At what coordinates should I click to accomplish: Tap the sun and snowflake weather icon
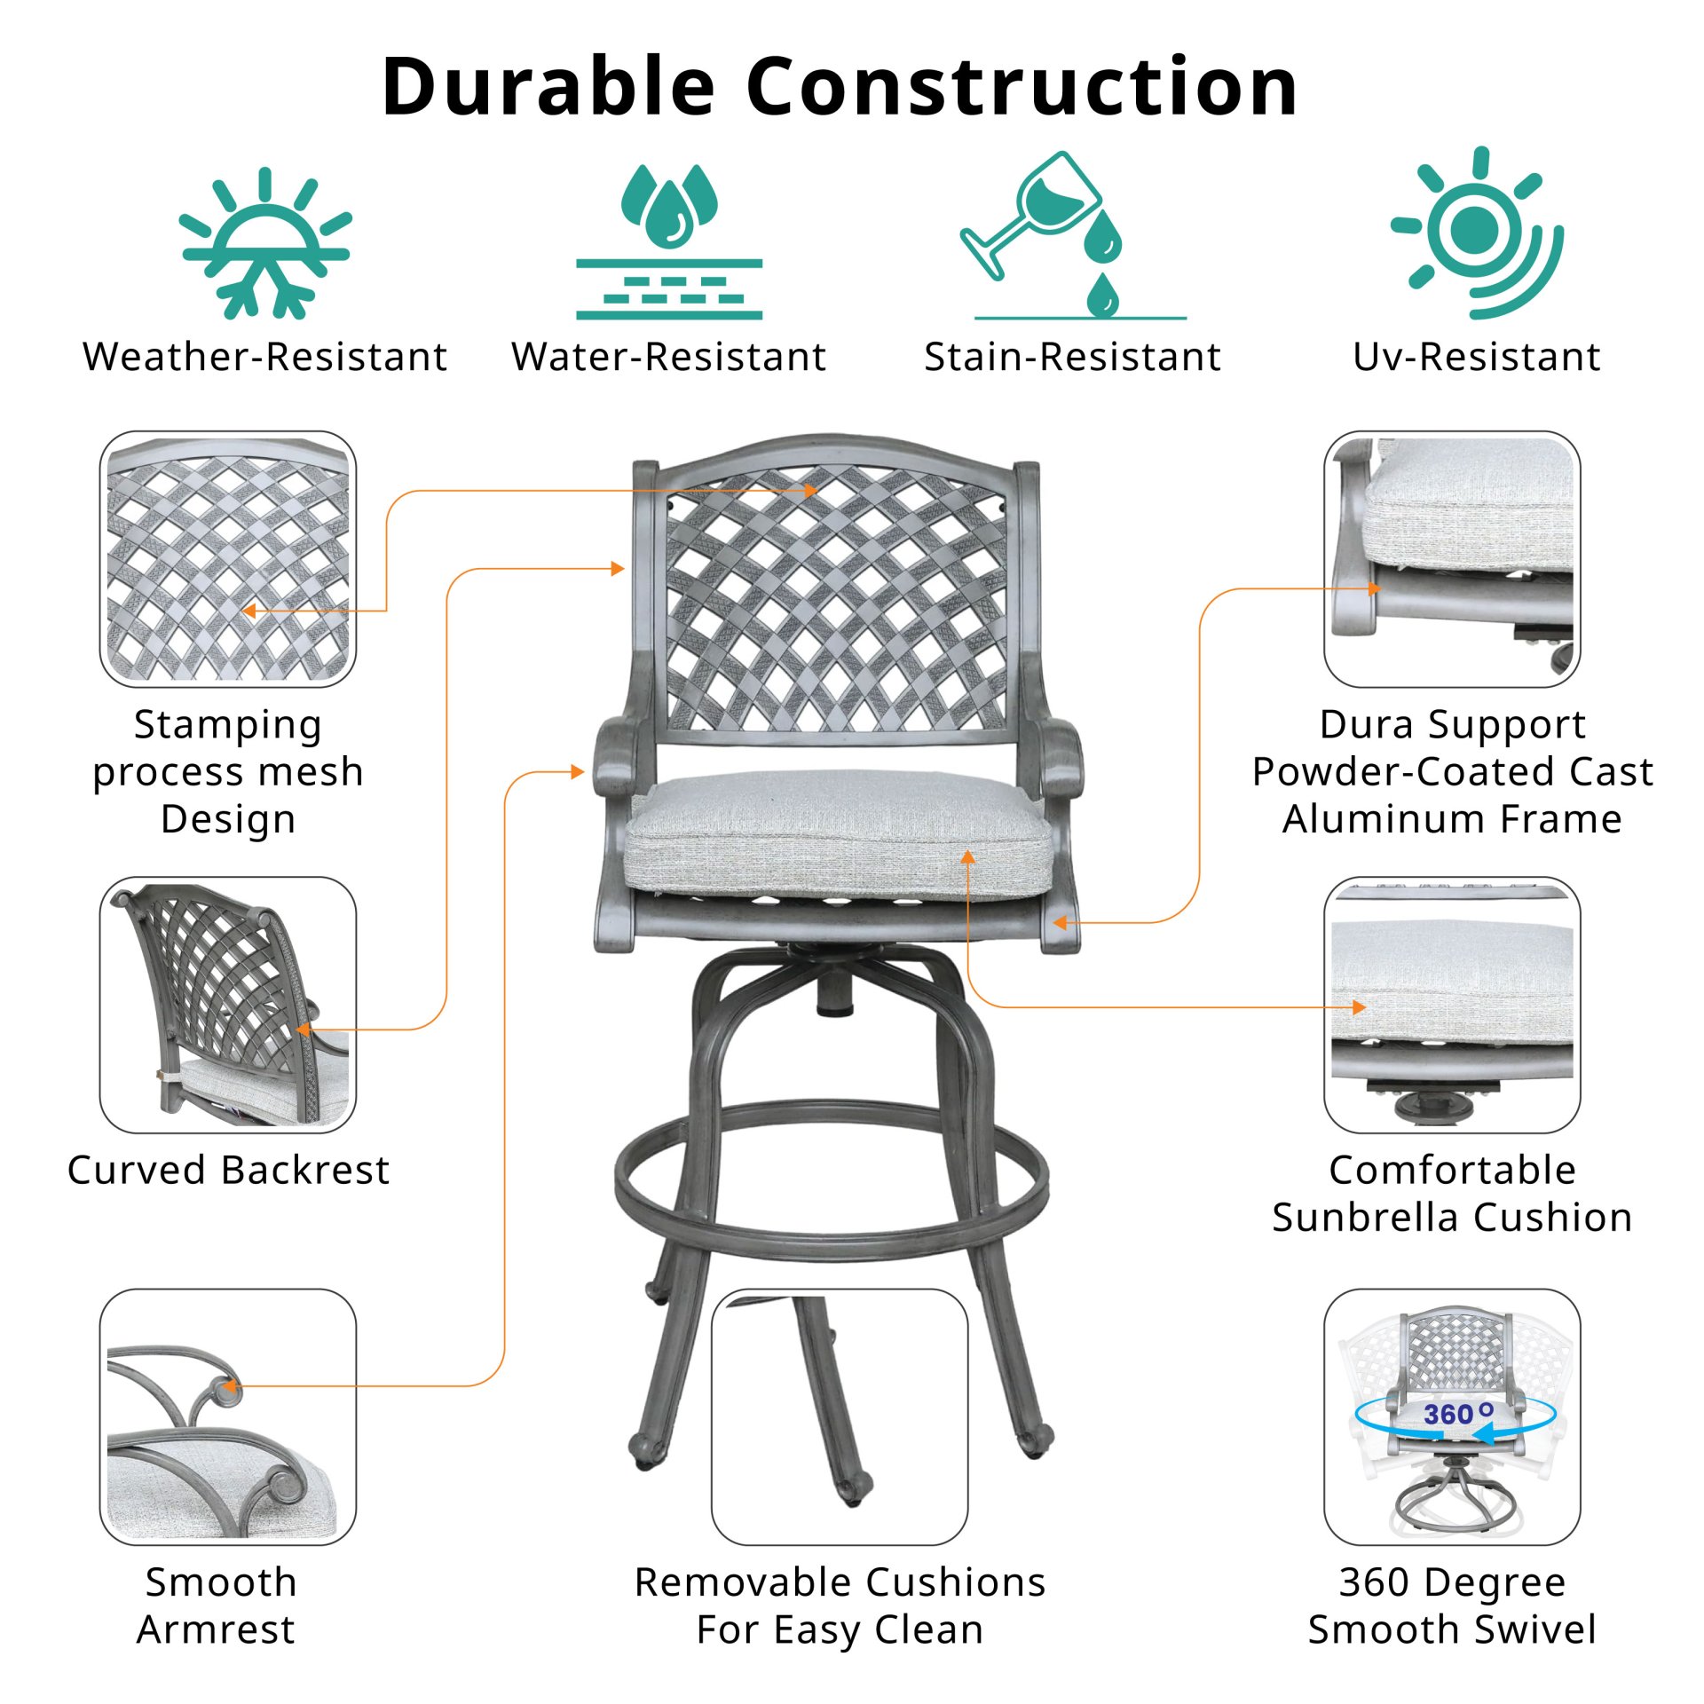(x=265, y=242)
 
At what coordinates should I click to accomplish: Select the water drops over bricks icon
(x=669, y=241)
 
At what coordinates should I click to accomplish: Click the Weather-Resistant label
(x=265, y=357)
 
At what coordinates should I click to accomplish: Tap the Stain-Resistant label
(x=1073, y=357)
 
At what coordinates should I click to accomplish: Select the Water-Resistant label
(x=669, y=357)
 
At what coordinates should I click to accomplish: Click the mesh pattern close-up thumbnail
(x=228, y=559)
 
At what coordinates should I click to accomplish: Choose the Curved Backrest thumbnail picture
(x=228, y=1005)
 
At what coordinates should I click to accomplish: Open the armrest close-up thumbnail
(x=228, y=1417)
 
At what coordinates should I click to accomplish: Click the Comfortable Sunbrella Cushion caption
(x=1452, y=1193)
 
